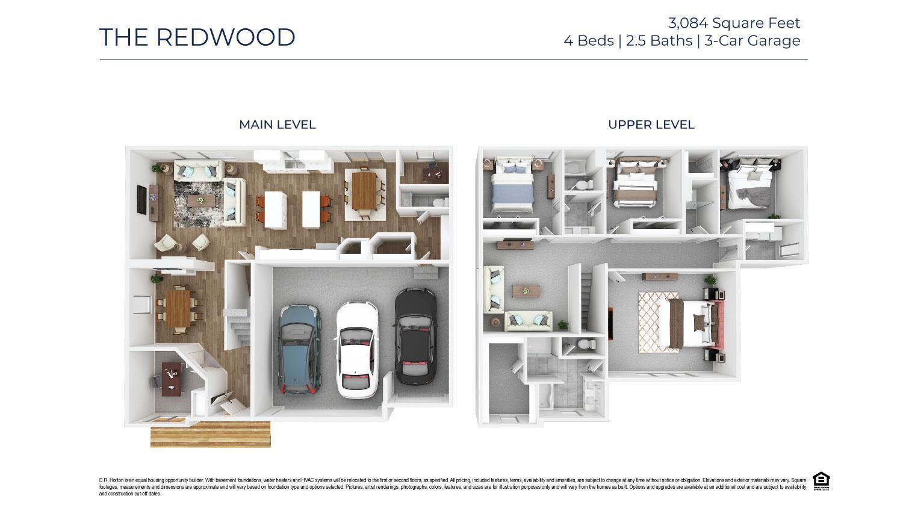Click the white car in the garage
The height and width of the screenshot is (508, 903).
click(356, 349)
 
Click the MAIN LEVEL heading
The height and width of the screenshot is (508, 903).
click(277, 125)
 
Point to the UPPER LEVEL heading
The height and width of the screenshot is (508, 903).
click(651, 125)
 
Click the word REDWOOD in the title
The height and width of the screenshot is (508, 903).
click(226, 37)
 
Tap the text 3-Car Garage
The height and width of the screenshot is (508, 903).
click(752, 41)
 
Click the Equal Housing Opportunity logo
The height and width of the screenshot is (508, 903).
click(821, 481)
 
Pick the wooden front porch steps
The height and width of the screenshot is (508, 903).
click(210, 435)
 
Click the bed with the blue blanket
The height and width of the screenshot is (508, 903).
click(512, 187)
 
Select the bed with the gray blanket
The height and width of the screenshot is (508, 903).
click(749, 187)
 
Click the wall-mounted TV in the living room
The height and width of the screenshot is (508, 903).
click(142, 200)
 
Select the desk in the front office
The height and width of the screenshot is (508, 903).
click(173, 379)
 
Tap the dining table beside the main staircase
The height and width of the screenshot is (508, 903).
click(178, 308)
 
